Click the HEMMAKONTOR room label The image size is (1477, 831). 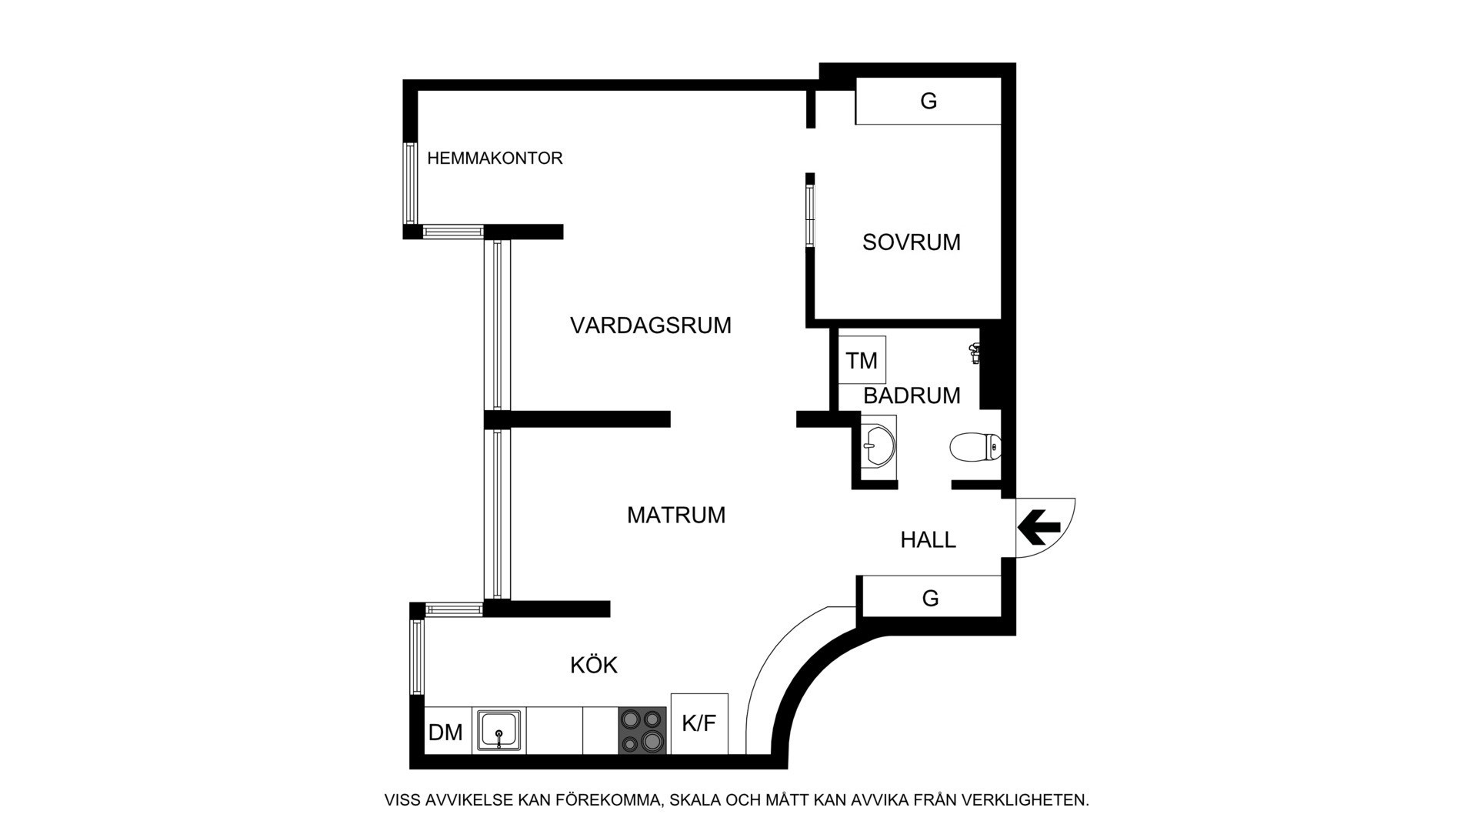click(495, 159)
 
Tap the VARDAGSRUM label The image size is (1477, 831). click(651, 325)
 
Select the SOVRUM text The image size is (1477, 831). click(912, 242)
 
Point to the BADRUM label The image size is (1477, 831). click(912, 395)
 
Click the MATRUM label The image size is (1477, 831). click(676, 515)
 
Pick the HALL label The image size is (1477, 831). click(929, 540)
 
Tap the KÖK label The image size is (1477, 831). click(594, 665)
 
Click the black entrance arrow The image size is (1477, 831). click(1039, 527)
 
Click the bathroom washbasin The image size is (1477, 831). click(879, 442)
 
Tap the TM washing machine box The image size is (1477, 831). click(862, 360)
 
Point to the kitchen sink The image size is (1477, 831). click(499, 730)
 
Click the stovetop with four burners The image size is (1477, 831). click(642, 730)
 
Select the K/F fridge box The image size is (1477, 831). click(699, 723)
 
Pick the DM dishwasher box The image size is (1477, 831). click(445, 732)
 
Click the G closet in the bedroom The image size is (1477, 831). click(929, 101)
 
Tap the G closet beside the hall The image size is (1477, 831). click(930, 597)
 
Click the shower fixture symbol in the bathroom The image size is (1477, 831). click(975, 353)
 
